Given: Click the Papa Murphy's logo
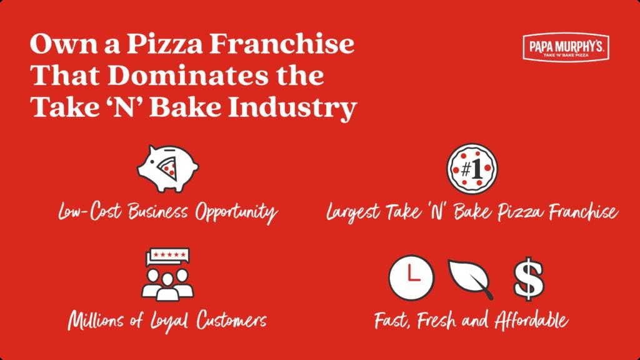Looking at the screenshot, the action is [566, 47].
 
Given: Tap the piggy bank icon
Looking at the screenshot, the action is [167, 169].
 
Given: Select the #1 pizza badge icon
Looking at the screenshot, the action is [472, 168].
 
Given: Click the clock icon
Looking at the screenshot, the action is [411, 277].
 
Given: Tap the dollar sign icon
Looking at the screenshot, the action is [529, 279].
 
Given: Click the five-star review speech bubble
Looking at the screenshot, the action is [167, 256].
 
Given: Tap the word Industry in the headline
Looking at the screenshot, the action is [292, 107].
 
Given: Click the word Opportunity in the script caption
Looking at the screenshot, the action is [236, 212].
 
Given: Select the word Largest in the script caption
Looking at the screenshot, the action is [353, 212].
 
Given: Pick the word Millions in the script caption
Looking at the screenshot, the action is [96, 321].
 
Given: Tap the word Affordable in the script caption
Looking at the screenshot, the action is [531, 319].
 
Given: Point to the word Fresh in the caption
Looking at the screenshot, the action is [436, 319].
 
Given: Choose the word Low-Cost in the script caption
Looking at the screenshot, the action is [90, 212].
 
